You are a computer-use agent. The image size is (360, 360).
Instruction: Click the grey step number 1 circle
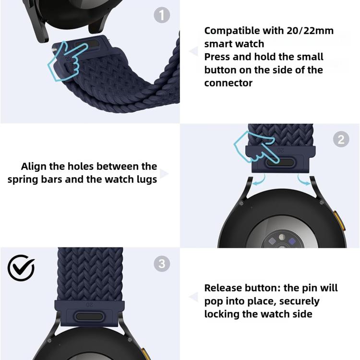pos(162,15)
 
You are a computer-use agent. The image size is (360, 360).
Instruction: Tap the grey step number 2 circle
pos(341,139)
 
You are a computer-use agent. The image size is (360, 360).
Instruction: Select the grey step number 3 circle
pos(162,264)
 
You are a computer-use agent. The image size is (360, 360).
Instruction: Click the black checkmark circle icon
pos(21,268)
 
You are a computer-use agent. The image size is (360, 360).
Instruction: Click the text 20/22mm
pos(310,31)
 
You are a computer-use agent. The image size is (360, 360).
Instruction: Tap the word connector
pos(228,83)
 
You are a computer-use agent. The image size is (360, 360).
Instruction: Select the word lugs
pos(147,180)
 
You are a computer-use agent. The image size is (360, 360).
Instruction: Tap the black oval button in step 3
pos(89,317)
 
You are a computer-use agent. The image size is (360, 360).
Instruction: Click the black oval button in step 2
pos(281,162)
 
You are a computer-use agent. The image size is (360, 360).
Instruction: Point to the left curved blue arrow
pos(260,180)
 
